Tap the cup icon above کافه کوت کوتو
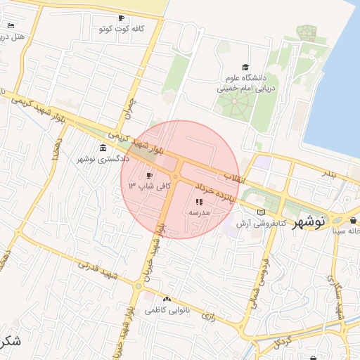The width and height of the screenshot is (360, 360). click(x=121, y=18)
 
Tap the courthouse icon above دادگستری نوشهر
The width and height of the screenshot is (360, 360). click(x=103, y=148)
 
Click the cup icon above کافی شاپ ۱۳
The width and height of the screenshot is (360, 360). click(x=149, y=176)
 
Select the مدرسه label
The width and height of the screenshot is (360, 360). click(x=198, y=212)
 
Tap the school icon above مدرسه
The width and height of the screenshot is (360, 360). click(x=198, y=202)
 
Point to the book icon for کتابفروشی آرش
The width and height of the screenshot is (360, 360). click(x=262, y=212)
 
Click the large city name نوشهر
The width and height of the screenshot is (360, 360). click(x=309, y=221)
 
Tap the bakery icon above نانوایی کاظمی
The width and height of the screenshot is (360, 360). click(x=167, y=299)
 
